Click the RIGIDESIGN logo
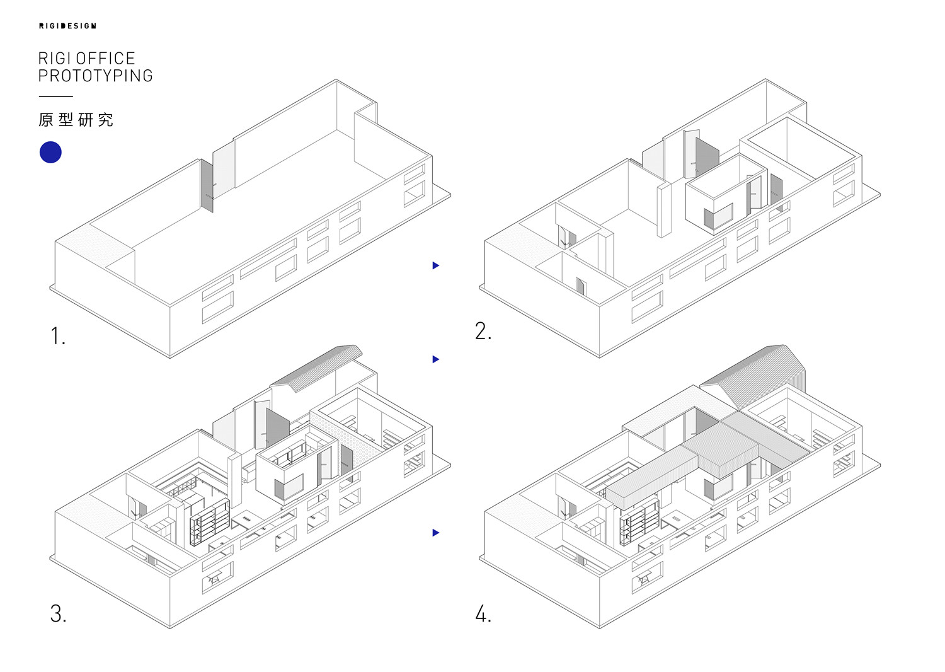tap(67, 26)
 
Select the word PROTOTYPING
tap(95, 76)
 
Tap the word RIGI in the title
tap(55, 59)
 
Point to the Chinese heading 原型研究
tap(76, 120)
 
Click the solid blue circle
tap(50, 153)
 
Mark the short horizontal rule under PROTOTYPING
tap(55, 96)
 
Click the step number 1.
tap(57, 336)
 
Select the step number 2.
tap(483, 331)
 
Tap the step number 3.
tap(58, 613)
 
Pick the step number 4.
tap(483, 613)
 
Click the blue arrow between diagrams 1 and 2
tap(435, 265)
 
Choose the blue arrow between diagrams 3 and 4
tap(435, 533)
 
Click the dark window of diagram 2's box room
tap(718, 217)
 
